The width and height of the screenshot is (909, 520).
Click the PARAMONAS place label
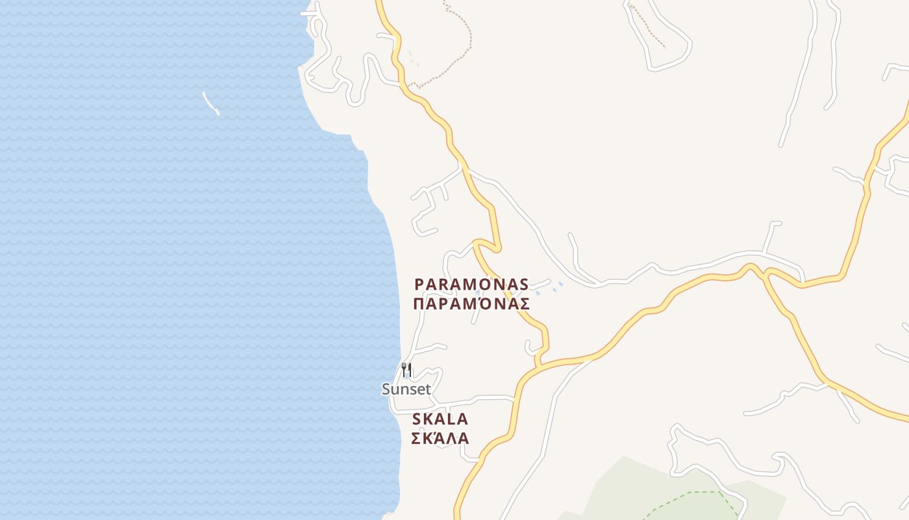pos(471,285)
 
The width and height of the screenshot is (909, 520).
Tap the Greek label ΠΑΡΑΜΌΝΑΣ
pos(471,304)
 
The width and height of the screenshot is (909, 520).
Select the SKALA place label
pos(440,419)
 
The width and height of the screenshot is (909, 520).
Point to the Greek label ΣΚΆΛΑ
pos(440,438)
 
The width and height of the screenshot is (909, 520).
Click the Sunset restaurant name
pos(406,389)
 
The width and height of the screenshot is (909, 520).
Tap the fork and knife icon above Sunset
pos(406,370)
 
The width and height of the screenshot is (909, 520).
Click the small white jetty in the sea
pos(210,103)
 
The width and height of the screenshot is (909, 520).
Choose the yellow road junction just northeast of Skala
pos(538,368)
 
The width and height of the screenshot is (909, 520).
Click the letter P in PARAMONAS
pos(419,285)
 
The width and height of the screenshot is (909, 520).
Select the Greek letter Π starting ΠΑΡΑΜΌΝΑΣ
pos(419,304)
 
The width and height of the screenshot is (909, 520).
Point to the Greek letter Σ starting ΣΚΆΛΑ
pos(417,438)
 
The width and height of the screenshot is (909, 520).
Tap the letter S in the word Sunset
pos(386,389)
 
